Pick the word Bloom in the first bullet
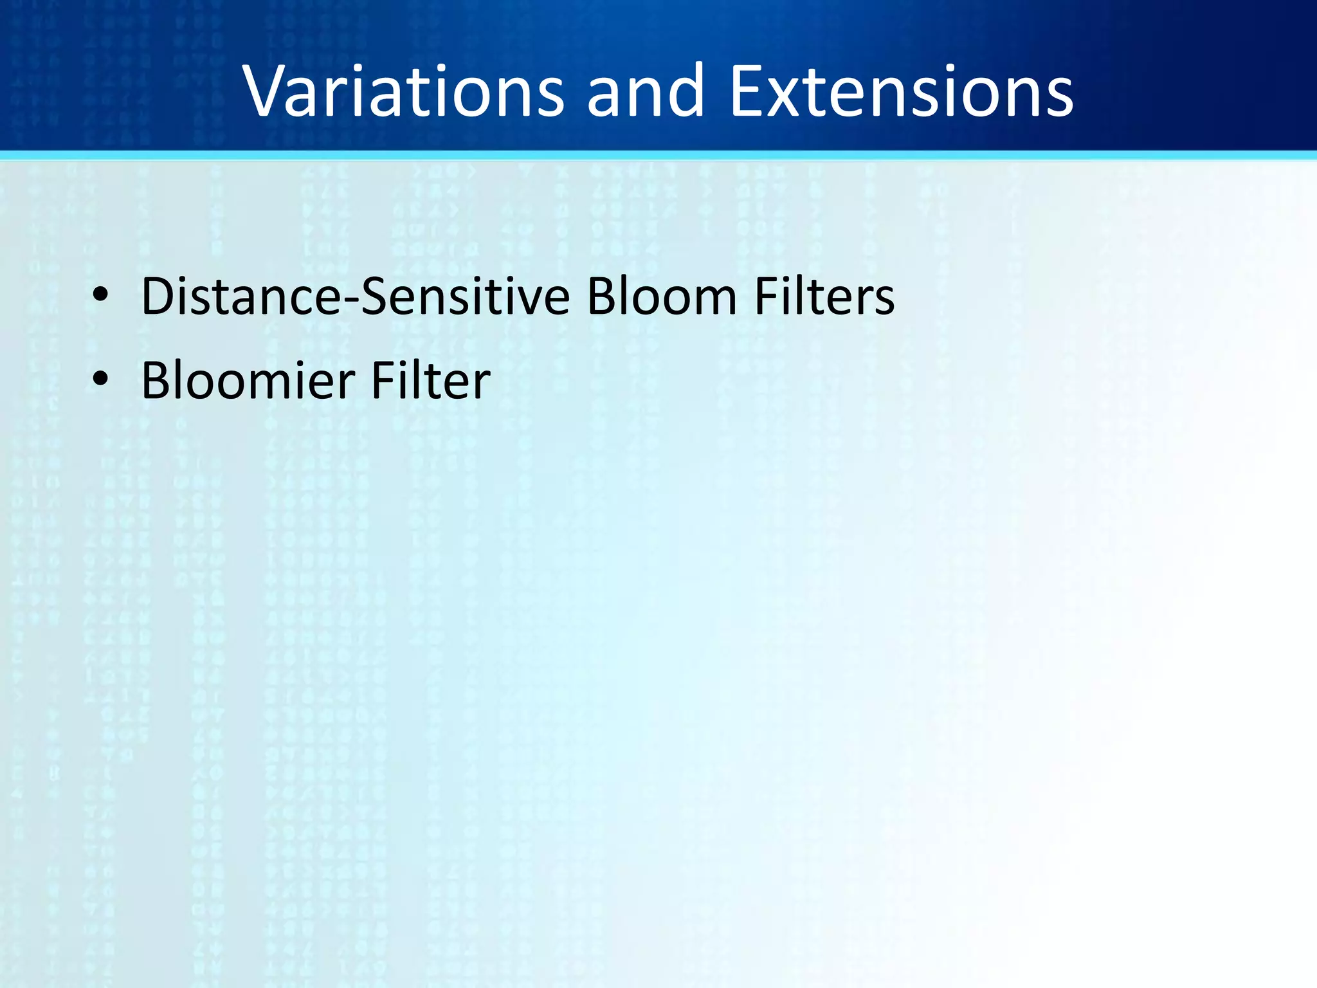(x=662, y=297)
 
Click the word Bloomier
(x=248, y=381)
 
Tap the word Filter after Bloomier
(x=431, y=381)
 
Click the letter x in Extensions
(x=788, y=96)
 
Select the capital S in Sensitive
(x=374, y=297)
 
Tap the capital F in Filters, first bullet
(x=765, y=297)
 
